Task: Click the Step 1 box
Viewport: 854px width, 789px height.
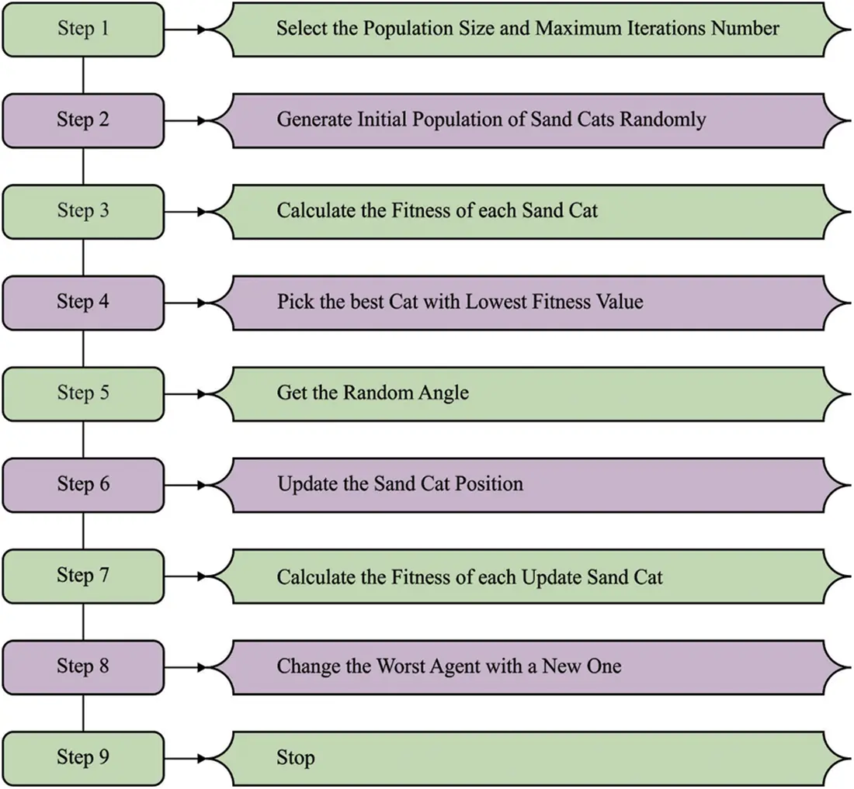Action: [x=83, y=29]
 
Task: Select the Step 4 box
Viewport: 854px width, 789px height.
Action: [x=83, y=302]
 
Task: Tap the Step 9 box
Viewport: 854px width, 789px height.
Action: [x=83, y=757]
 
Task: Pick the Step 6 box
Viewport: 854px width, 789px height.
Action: [x=83, y=484]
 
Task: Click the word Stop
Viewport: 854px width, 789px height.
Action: [x=296, y=757]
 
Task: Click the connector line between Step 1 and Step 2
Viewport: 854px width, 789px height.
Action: [x=83, y=75]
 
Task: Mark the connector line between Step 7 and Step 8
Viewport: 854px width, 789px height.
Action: [x=83, y=621]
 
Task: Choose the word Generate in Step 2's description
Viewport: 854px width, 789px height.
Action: [x=314, y=120]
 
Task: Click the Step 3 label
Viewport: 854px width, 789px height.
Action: [x=83, y=211]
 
